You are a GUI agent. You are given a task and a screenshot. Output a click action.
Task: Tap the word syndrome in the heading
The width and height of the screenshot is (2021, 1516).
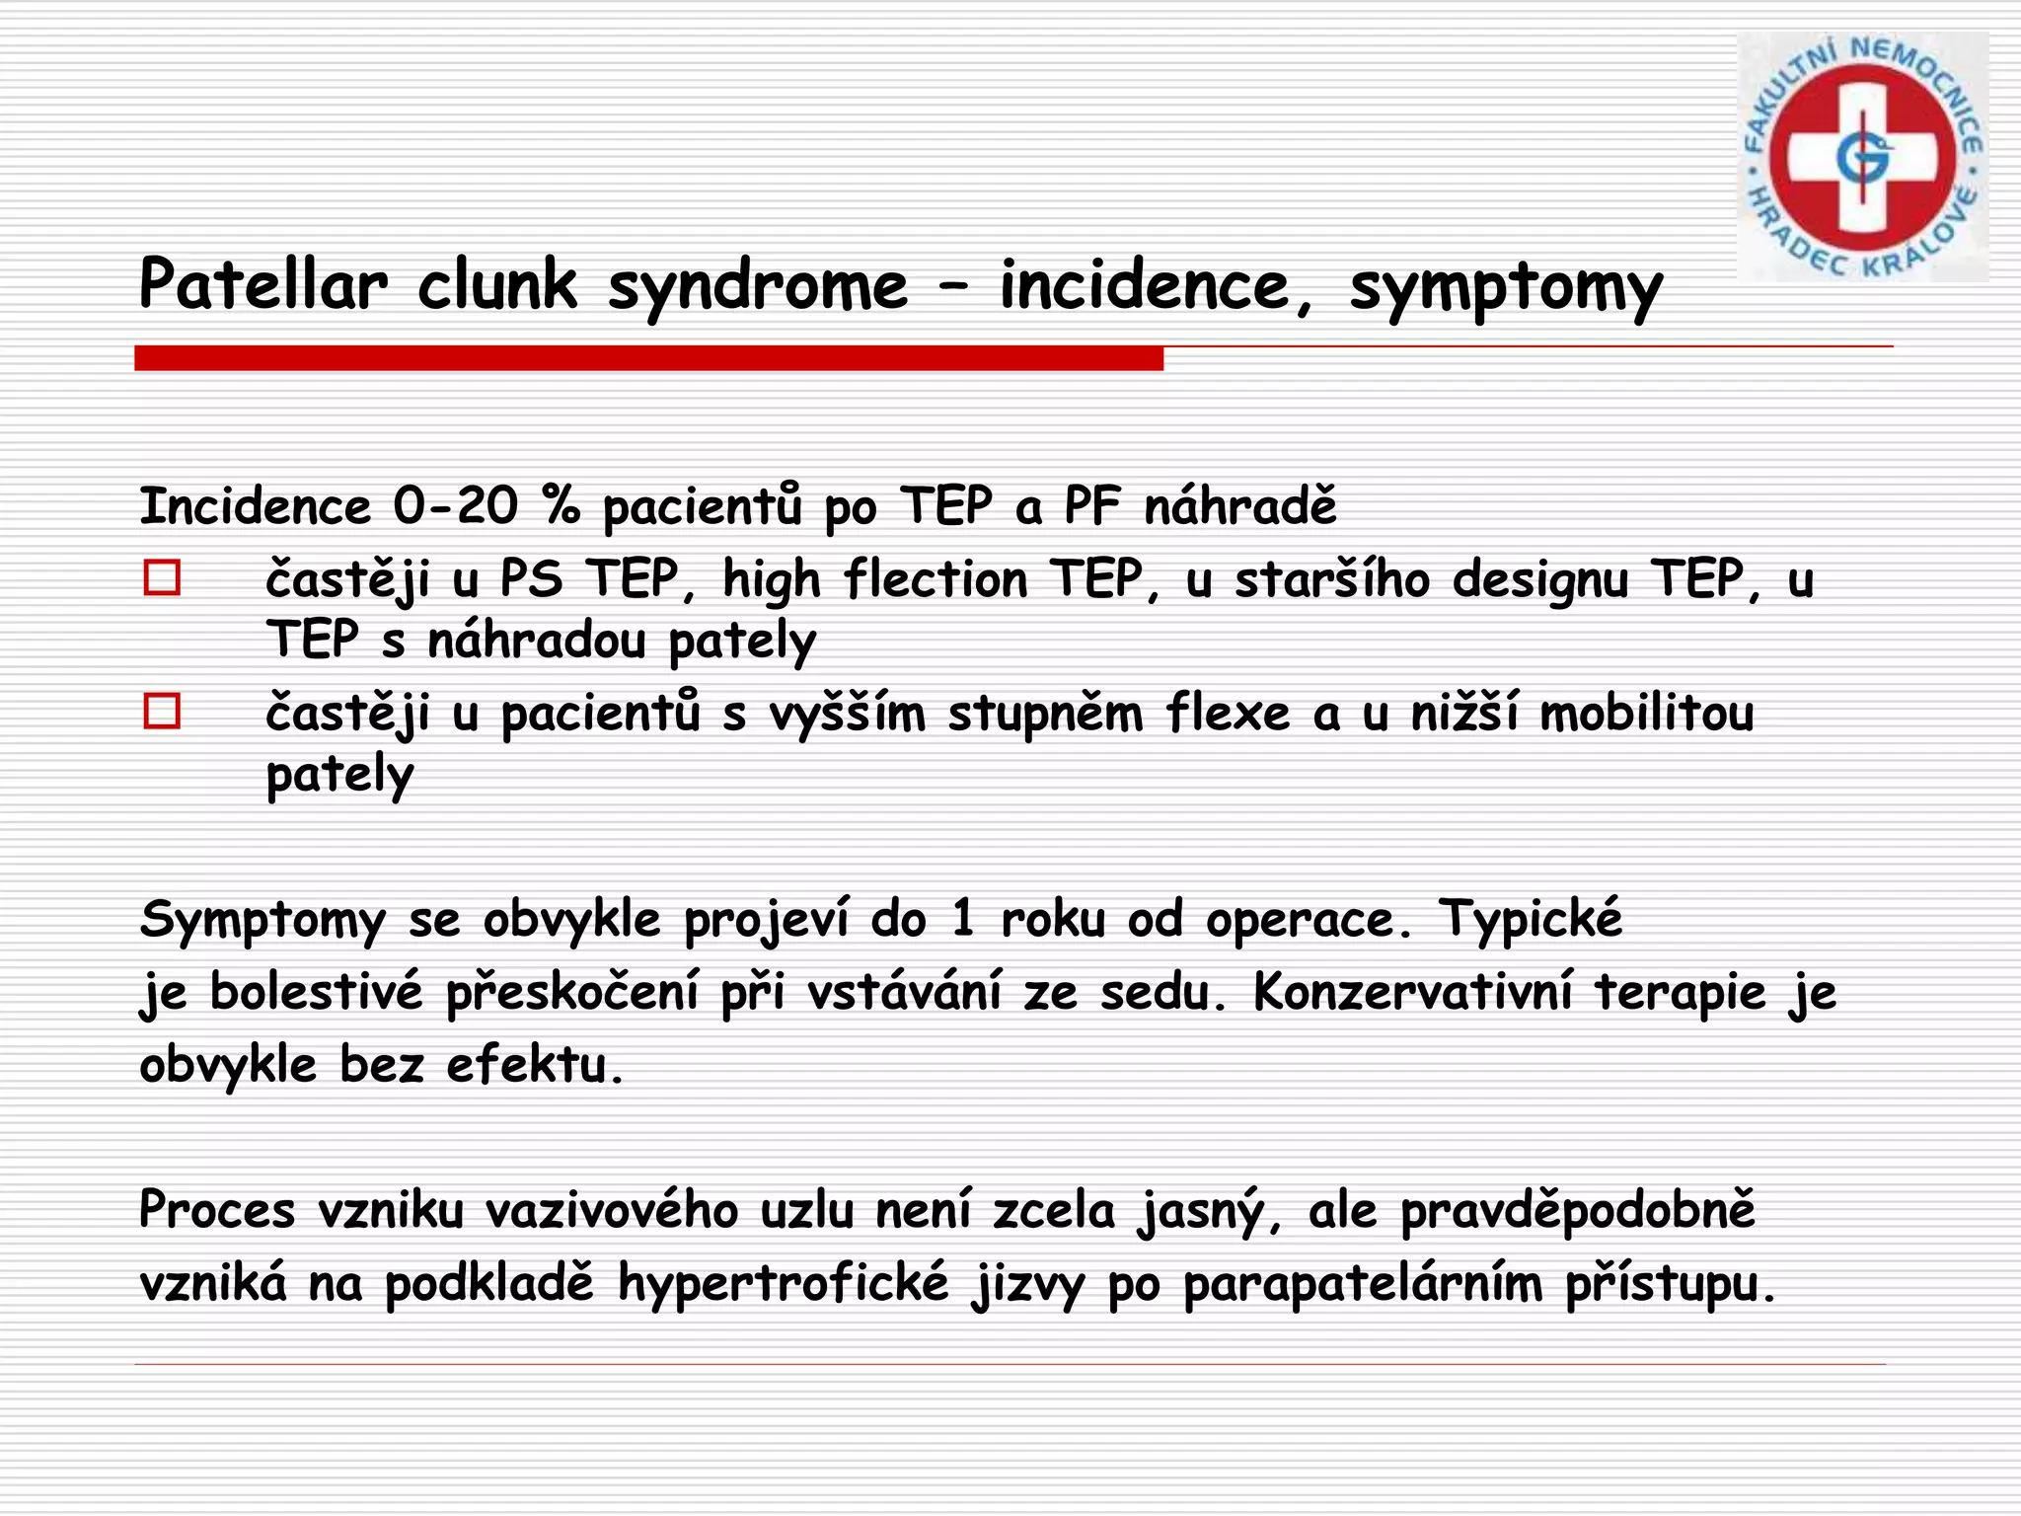(x=757, y=287)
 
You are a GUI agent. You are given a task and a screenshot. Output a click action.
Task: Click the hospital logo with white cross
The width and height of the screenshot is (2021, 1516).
(x=1862, y=157)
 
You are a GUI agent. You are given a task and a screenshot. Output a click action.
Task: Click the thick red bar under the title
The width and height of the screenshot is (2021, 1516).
(x=648, y=358)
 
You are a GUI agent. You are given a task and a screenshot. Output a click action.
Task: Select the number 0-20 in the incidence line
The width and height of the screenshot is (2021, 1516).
(x=455, y=506)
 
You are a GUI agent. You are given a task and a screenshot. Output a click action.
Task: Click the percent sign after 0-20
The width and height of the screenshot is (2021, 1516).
(x=561, y=506)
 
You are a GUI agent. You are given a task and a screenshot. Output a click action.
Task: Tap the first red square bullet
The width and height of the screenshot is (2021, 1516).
(x=162, y=577)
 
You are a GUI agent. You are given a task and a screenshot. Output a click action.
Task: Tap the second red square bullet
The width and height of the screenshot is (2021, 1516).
(x=162, y=711)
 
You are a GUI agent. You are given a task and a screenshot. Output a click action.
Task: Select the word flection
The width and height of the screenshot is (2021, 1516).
(x=936, y=578)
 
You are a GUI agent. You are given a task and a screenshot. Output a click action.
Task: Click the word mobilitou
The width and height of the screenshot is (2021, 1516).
(x=1646, y=713)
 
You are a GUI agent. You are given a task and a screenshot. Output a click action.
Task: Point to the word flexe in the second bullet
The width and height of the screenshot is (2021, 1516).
(x=1228, y=713)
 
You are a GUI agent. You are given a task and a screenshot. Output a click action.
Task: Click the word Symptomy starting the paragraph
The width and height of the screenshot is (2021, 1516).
(x=262, y=921)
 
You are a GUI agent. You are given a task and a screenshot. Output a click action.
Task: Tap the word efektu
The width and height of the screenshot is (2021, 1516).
(x=534, y=1065)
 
